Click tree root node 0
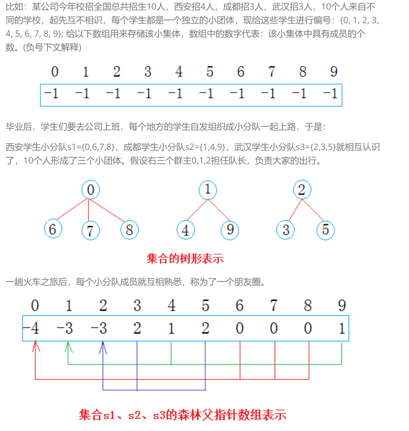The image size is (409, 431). (x=91, y=190)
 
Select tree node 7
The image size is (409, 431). (x=90, y=231)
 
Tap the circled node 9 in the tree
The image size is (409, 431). (x=230, y=230)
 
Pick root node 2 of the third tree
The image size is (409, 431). (x=302, y=190)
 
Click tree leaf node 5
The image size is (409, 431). (x=325, y=230)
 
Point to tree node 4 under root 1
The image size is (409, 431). (x=185, y=230)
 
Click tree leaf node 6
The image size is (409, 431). (x=53, y=230)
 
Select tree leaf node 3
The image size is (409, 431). (x=285, y=230)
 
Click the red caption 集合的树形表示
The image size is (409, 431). (x=185, y=258)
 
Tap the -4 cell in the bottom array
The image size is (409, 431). (x=32, y=328)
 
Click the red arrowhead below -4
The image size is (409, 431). (x=36, y=346)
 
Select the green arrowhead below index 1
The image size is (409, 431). (x=68, y=346)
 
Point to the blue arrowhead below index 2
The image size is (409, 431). (x=103, y=346)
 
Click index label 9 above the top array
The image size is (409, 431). (x=333, y=71)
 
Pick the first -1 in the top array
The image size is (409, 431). (x=51, y=94)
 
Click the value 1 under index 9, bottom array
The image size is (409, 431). (x=342, y=328)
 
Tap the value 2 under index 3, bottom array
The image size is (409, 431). (x=137, y=328)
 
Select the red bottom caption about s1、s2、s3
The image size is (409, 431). (x=182, y=415)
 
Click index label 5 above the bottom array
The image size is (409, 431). (x=206, y=306)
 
